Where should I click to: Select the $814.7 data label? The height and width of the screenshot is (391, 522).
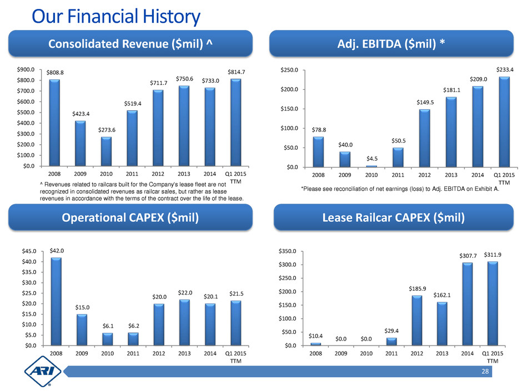click(237, 72)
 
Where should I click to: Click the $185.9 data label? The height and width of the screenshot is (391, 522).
click(416, 289)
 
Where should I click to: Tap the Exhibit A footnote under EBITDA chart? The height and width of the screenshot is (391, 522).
click(400, 189)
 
